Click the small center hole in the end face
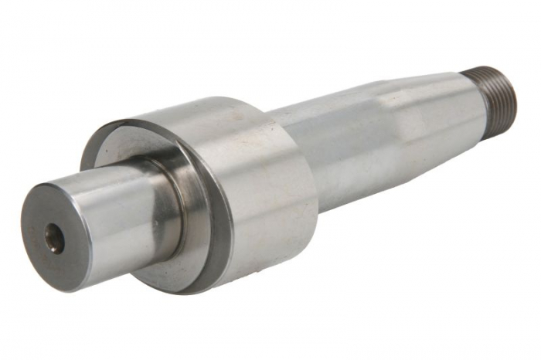(53, 238)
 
